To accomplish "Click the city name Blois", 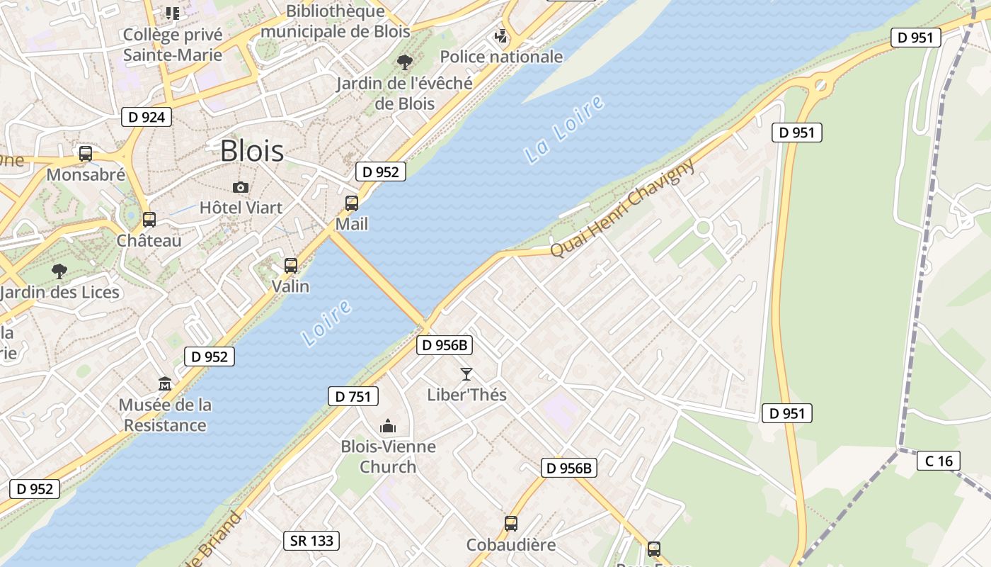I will [x=252, y=151].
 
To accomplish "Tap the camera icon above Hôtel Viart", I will [x=241, y=187].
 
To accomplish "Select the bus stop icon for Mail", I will [x=352, y=203].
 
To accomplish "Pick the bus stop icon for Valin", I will [x=291, y=266].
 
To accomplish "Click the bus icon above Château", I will [x=149, y=220].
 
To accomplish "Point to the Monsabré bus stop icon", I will [x=86, y=153].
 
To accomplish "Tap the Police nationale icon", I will [x=501, y=35].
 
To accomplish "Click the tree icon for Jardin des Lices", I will [x=59, y=271].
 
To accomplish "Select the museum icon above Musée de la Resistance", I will [x=165, y=384].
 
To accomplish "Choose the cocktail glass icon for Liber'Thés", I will [x=466, y=374].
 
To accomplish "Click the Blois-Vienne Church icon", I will [x=388, y=426].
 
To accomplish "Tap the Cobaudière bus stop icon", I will [x=511, y=524].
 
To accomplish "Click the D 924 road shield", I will [x=147, y=117].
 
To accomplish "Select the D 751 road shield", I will [x=353, y=396].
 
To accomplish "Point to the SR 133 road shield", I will [x=311, y=541].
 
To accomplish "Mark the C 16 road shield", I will [x=939, y=461].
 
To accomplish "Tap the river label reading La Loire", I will [x=565, y=129].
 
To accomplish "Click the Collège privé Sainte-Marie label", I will [x=173, y=45].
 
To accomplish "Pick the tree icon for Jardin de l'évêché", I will [x=405, y=62].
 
